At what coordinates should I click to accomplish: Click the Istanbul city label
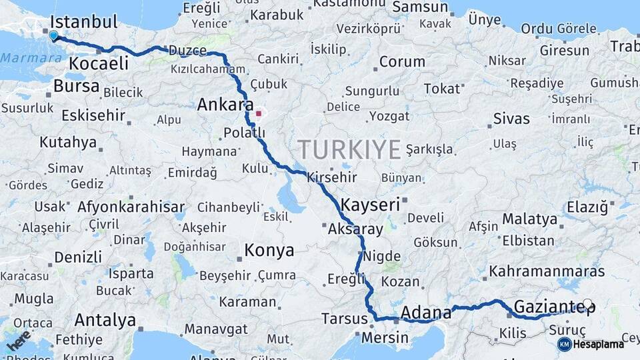(x=83, y=21)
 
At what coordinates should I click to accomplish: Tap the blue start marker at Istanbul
(x=53, y=35)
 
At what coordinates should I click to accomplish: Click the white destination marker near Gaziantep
(x=587, y=305)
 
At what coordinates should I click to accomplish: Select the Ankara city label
(x=225, y=105)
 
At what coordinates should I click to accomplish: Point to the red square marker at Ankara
(x=259, y=113)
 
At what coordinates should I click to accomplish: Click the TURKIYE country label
(x=349, y=149)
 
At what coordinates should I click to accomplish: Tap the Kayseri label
(x=370, y=204)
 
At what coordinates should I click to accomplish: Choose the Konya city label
(x=269, y=251)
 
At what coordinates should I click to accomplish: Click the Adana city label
(x=425, y=311)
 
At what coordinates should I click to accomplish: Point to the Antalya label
(x=105, y=320)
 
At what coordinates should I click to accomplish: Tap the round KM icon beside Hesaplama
(x=564, y=344)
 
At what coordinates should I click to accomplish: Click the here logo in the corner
(x=18, y=340)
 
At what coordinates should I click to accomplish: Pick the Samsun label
(x=420, y=7)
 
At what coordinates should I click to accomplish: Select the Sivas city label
(x=511, y=119)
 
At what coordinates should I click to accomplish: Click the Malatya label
(x=529, y=219)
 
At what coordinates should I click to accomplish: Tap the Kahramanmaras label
(x=547, y=272)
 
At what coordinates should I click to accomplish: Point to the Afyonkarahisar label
(x=131, y=207)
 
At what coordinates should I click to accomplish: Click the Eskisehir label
(x=93, y=115)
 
